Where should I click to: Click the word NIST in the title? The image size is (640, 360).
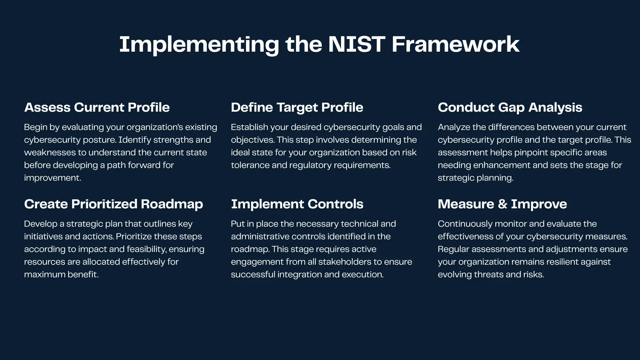[x=356, y=44]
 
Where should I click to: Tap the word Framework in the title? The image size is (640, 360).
[x=455, y=44]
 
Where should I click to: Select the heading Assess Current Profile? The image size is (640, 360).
[x=97, y=107]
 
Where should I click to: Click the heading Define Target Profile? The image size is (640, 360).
[x=297, y=107]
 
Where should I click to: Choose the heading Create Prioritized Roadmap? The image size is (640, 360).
[x=113, y=204]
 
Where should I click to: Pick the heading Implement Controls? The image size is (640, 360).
[x=297, y=204]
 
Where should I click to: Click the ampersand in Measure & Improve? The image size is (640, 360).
[x=502, y=204]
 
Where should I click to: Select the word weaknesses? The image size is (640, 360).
[x=50, y=152]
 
